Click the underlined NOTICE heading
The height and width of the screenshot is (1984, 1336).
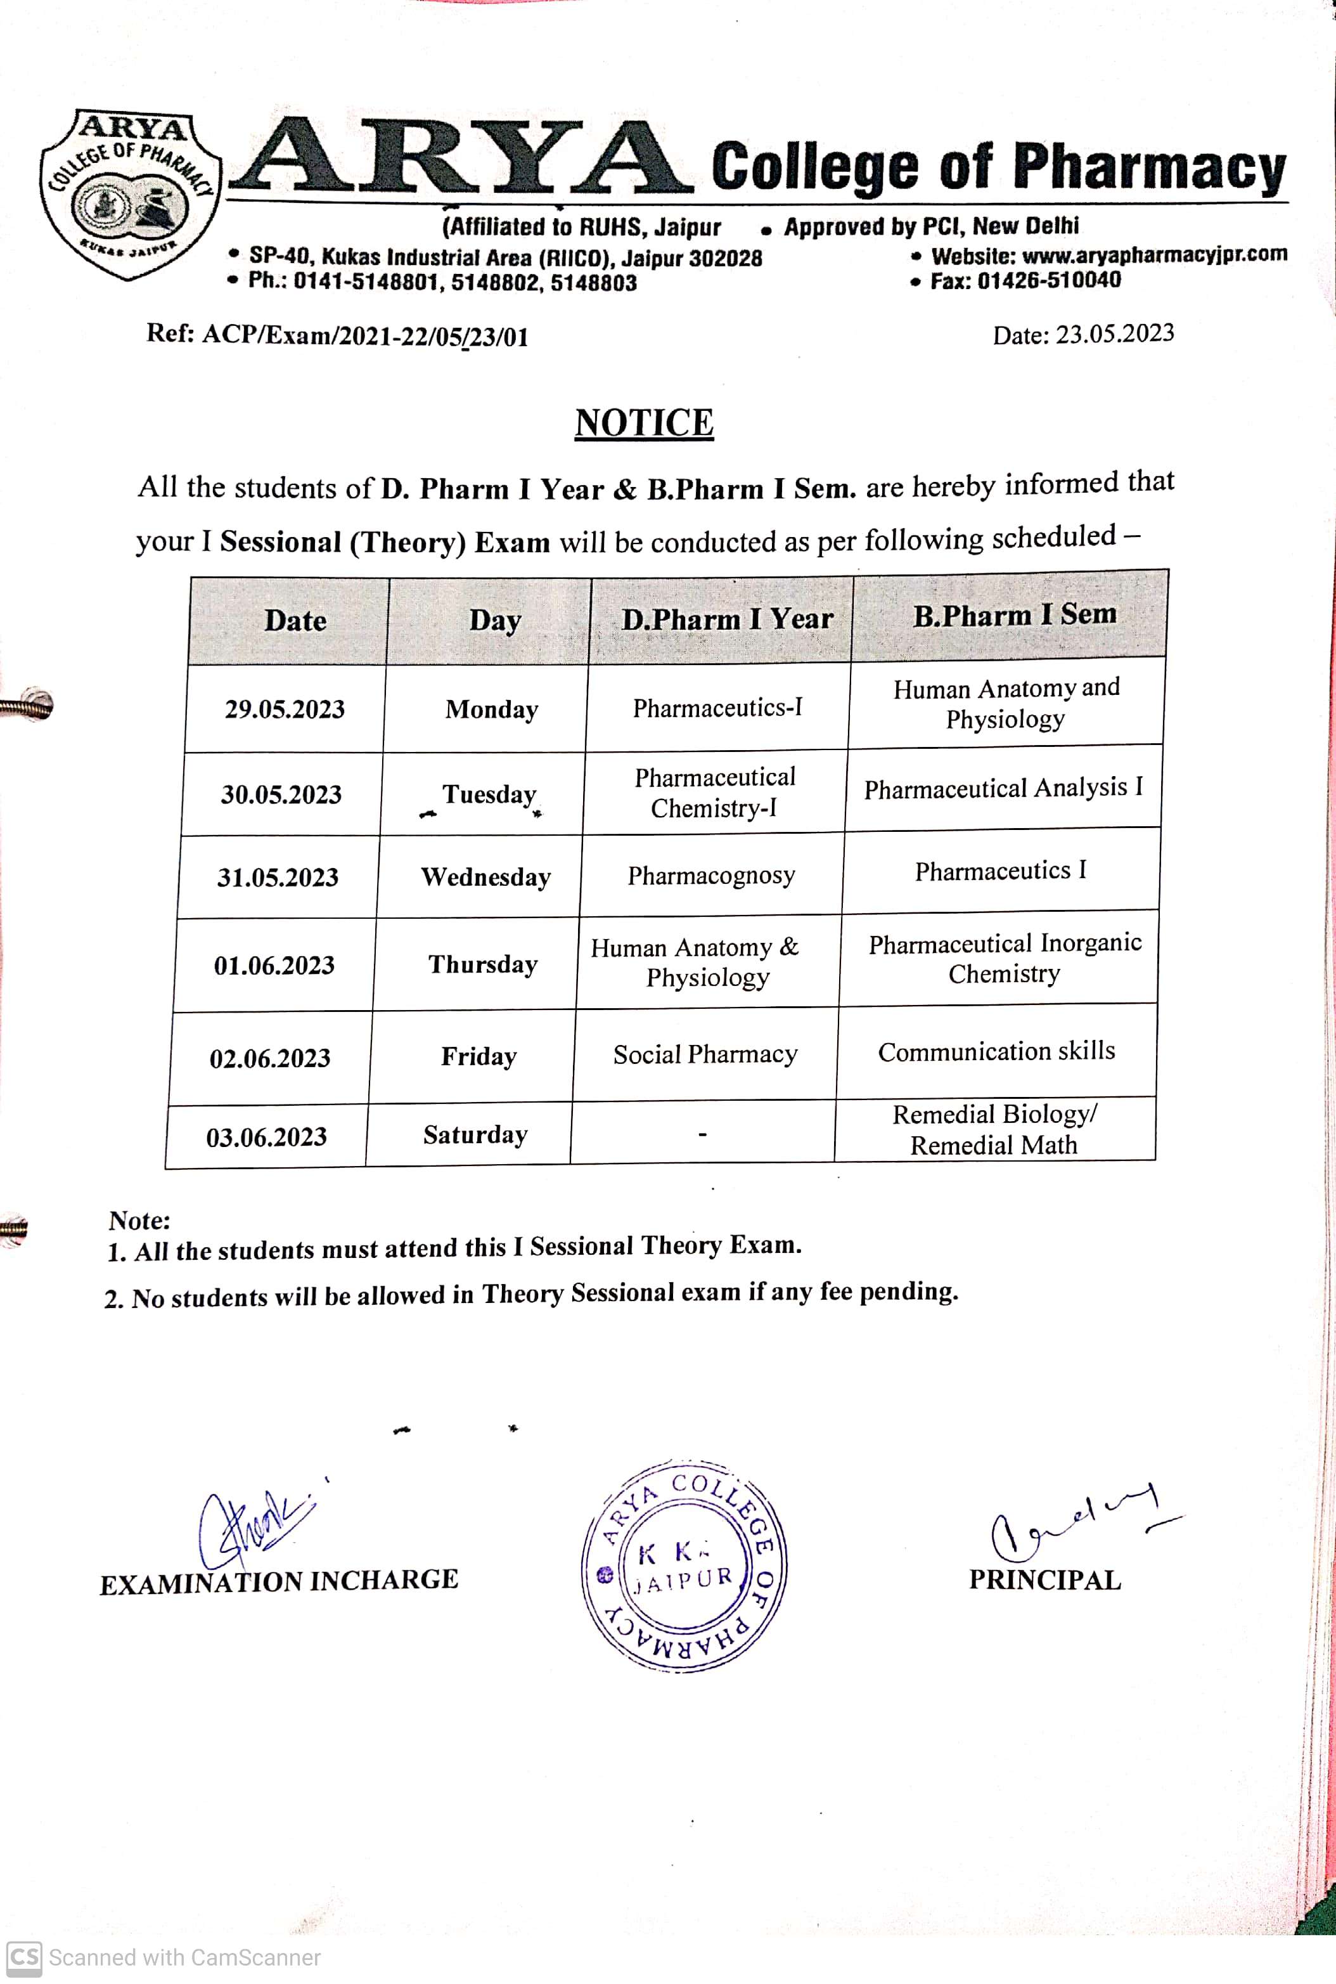(x=644, y=423)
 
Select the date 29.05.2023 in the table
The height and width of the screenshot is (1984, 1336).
(x=285, y=709)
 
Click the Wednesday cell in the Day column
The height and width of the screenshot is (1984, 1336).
(x=485, y=877)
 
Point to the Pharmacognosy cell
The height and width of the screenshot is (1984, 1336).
(x=712, y=875)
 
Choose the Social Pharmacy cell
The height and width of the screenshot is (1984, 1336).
(x=705, y=1054)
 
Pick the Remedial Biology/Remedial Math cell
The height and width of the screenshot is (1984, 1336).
(x=994, y=1129)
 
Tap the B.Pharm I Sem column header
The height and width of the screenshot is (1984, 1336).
(x=1014, y=615)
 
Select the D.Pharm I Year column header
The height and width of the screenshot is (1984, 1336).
(x=727, y=619)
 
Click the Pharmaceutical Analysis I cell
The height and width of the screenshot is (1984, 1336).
(x=1003, y=788)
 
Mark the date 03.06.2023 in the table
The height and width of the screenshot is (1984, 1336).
(x=267, y=1137)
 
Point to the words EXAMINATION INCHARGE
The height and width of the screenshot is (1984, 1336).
(x=279, y=1582)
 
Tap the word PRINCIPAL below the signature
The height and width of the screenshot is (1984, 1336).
(x=1044, y=1580)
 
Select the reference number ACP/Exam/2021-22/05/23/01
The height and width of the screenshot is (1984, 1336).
(x=364, y=336)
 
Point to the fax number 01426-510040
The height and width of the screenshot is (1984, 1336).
(x=1049, y=280)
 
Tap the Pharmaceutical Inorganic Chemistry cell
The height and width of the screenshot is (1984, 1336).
(x=1005, y=958)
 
